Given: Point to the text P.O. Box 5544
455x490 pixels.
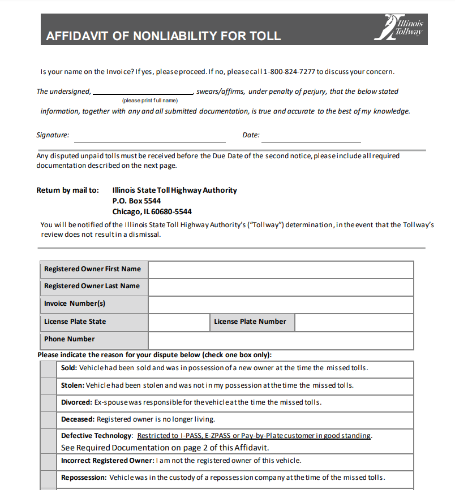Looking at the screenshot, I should [136, 201].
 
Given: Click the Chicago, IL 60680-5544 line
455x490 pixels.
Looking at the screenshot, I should [152, 211].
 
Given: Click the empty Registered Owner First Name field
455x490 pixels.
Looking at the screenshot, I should [281, 270].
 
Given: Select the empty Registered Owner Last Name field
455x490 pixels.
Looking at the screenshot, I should [281, 287].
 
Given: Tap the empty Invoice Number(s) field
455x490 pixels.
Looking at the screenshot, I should [281, 304].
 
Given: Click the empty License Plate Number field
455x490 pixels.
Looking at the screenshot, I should [354, 322].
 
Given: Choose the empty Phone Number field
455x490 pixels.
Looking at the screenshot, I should [281, 340].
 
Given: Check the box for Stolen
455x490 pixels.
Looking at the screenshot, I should [48, 386].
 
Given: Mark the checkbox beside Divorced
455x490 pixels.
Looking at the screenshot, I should [48, 403].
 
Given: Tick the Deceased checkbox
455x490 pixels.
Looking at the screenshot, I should [48, 420].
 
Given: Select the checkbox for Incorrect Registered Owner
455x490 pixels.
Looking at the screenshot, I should [48, 461].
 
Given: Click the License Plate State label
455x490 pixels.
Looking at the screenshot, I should [75, 322].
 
